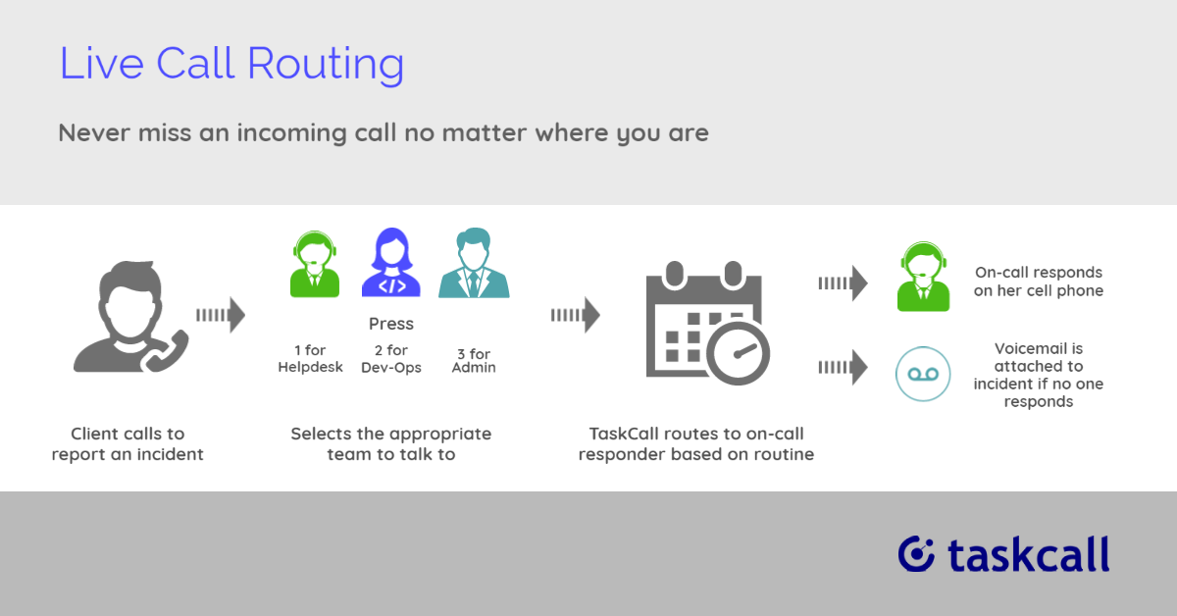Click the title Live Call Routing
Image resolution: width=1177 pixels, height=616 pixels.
tap(231, 64)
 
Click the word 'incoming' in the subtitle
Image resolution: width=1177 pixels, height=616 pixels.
tap(292, 133)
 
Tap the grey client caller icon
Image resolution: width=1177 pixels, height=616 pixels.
tap(130, 317)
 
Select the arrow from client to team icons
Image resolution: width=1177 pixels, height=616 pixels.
tap(221, 315)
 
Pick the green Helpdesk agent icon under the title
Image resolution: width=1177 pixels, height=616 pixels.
tap(314, 264)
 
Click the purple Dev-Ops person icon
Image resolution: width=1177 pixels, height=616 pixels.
tap(391, 262)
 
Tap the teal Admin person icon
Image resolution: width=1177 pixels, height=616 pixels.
tap(474, 263)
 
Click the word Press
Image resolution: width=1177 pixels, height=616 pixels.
tap(391, 324)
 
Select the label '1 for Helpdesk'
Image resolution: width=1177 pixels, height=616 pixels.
tap(310, 358)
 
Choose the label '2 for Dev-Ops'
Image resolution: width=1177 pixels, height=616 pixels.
tap(391, 358)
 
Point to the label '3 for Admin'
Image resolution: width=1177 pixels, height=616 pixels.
tap(474, 361)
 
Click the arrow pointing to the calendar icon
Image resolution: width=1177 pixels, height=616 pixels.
tap(576, 315)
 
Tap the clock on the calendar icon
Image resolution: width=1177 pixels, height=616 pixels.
tap(738, 353)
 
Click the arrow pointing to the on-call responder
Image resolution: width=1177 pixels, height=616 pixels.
tap(843, 283)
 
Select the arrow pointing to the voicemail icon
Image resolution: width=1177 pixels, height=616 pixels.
tap(843, 367)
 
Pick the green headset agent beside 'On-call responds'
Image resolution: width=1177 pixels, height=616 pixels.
tap(923, 277)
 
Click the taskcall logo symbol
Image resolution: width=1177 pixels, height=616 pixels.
tap(916, 554)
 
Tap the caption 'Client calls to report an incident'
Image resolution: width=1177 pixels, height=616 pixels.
tap(128, 444)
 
